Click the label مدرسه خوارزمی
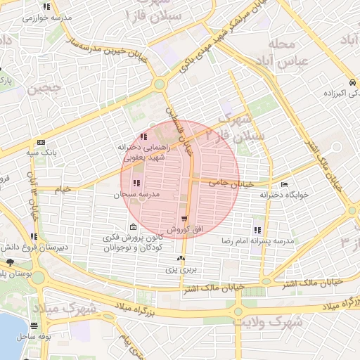[x=42, y=18]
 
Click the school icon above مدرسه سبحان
[x=136, y=183]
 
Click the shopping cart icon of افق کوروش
[x=184, y=219]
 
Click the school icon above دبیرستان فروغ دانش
[x=34, y=236]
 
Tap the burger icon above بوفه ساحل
[x=34, y=326]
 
